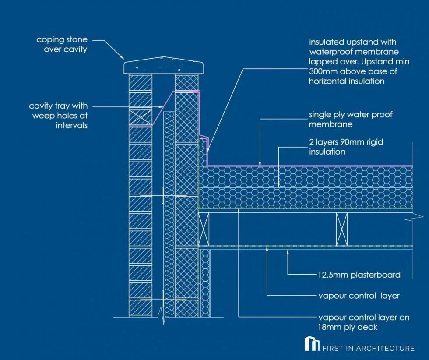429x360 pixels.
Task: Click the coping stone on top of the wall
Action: [x=164, y=66]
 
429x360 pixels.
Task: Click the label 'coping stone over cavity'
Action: [x=62, y=45]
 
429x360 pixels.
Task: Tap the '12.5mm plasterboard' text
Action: [x=359, y=275]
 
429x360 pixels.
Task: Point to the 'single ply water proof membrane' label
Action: [x=351, y=119]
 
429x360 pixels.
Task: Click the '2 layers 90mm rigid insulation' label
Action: [x=346, y=147]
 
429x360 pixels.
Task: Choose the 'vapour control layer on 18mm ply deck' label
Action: [x=364, y=321]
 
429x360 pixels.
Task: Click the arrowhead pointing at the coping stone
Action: [x=123, y=57]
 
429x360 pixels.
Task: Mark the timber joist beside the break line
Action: [x=342, y=229]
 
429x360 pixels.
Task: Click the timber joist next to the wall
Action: [x=204, y=229]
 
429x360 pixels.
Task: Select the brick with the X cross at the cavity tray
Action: [x=140, y=117]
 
